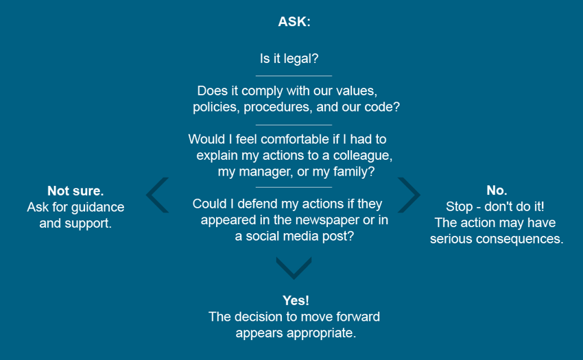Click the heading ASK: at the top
click(x=294, y=21)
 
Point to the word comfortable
click(x=295, y=139)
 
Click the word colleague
click(x=363, y=156)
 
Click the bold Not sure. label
click(x=75, y=191)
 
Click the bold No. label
click(x=497, y=191)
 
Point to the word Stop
click(x=460, y=206)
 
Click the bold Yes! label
click(x=296, y=300)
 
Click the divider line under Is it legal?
click(x=294, y=76)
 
